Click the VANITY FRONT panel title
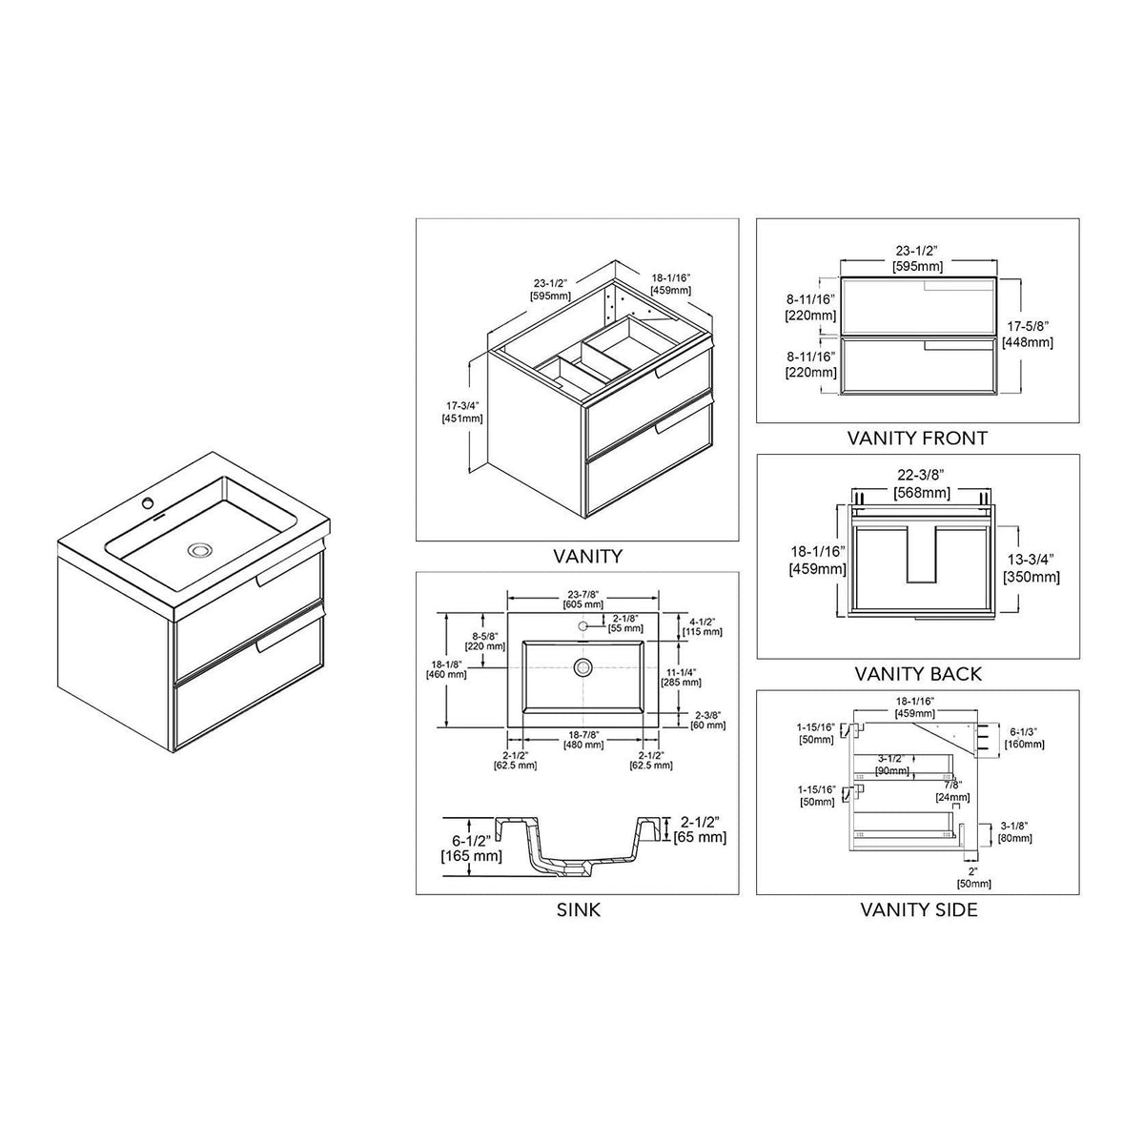[x=916, y=439]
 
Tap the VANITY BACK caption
[x=918, y=674]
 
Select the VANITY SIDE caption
[x=918, y=909]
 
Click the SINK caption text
[x=579, y=909]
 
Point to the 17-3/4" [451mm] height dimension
[x=461, y=412]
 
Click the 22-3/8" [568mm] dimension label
[x=921, y=484]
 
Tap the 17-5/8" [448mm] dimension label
[x=1028, y=335]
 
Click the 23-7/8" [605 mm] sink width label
[x=583, y=599]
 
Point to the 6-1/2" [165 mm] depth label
[x=471, y=848]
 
